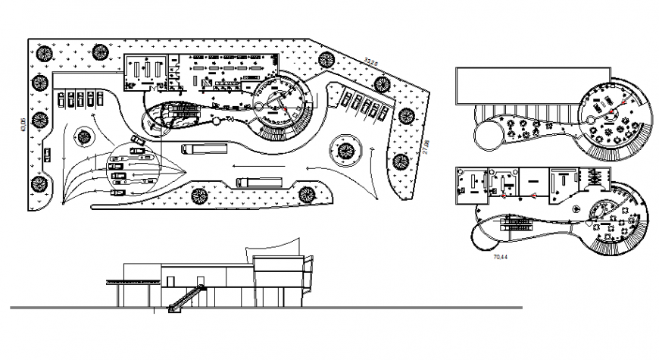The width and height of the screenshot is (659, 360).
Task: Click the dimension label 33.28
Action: point(370,61)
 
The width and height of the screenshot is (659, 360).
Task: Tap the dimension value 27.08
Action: point(426,146)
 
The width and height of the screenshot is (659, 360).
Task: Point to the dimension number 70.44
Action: point(500,258)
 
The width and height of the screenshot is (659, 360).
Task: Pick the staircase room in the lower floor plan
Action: point(594,183)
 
